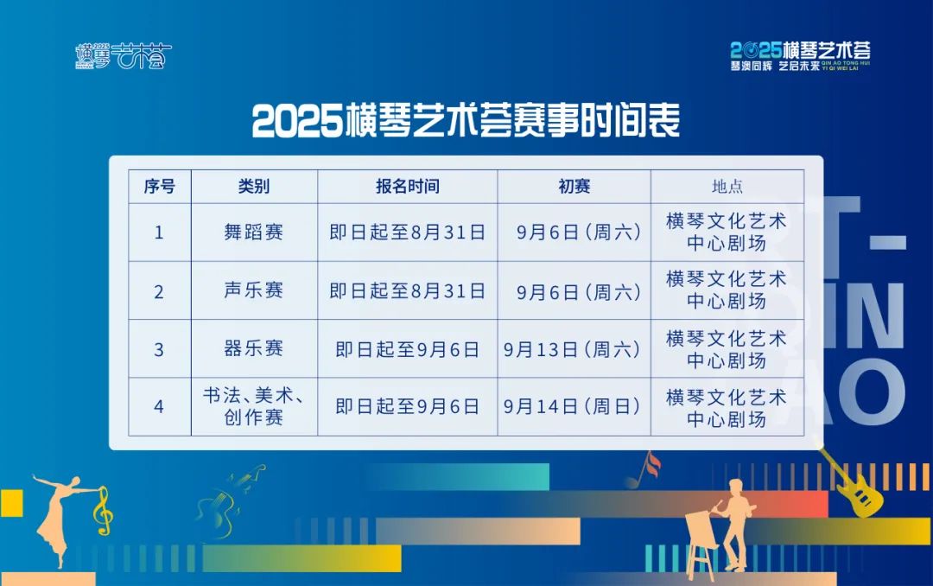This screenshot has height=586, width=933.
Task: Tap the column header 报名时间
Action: [x=407, y=187]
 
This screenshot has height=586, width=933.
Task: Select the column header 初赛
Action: [x=574, y=187]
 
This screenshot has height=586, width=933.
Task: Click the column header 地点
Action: [x=727, y=187]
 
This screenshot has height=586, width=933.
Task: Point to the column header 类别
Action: [x=254, y=187]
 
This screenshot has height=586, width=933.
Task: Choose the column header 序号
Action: [x=159, y=187]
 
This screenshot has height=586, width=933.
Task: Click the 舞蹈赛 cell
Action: [x=254, y=232]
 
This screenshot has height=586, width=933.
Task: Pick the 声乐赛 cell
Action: [x=254, y=291]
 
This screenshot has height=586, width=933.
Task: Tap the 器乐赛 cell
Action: [x=254, y=349]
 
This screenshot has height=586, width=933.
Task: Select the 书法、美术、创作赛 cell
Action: [x=254, y=407]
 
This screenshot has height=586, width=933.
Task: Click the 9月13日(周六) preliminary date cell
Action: [x=574, y=349]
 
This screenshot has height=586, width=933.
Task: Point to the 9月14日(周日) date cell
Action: [x=574, y=407]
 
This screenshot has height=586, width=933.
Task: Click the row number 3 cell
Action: [x=159, y=349]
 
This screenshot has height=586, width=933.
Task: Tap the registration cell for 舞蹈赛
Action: [x=407, y=232]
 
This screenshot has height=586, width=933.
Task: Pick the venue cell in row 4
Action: [x=727, y=407]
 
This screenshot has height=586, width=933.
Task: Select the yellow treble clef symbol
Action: [x=103, y=510]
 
